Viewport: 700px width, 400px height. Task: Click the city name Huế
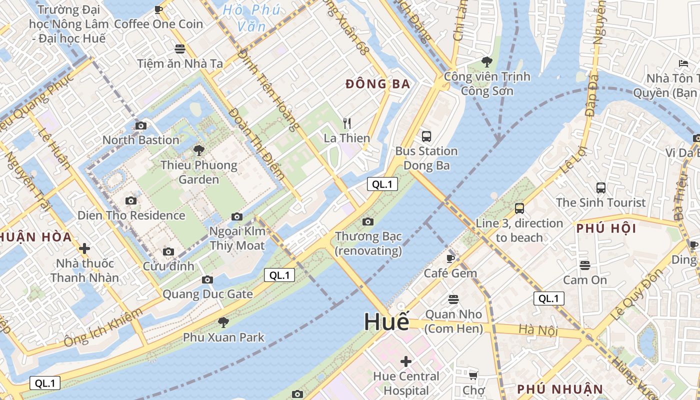(386, 321)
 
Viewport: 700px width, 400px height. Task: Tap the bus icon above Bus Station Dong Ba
(426, 136)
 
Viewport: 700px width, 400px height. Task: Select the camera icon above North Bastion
(141, 125)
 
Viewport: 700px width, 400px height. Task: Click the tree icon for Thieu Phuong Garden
(198, 150)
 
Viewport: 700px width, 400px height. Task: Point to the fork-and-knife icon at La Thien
(347, 123)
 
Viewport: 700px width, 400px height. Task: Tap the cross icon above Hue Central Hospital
(406, 361)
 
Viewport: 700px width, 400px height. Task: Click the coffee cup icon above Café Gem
(450, 258)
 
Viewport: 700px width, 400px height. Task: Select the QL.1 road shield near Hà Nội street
(548, 298)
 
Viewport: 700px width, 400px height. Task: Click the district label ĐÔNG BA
(377, 84)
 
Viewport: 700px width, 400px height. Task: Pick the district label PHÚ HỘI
(606, 228)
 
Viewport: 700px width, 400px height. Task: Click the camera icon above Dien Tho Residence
(131, 200)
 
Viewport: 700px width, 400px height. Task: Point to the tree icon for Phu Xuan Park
(223, 322)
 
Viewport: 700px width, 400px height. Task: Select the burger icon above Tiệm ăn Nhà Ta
(180, 48)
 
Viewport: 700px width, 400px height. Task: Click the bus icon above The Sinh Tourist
(601, 188)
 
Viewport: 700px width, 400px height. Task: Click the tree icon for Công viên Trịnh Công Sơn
(486, 62)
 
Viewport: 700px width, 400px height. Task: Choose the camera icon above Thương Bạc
(368, 221)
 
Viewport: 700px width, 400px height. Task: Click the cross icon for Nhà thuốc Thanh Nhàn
(84, 248)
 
